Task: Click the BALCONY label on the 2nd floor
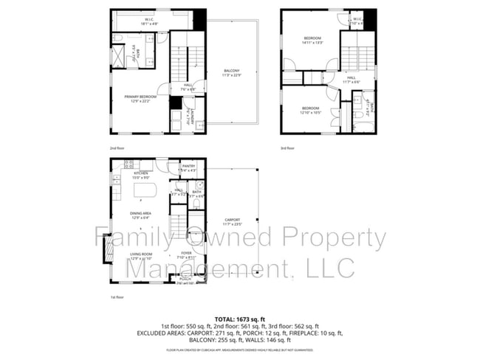pyautogui.click(x=232, y=72)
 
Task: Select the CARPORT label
pyautogui.click(x=233, y=222)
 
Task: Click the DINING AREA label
pyautogui.click(x=140, y=215)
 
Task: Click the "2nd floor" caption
pyautogui.click(x=117, y=148)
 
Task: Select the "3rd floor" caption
pyautogui.click(x=287, y=148)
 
